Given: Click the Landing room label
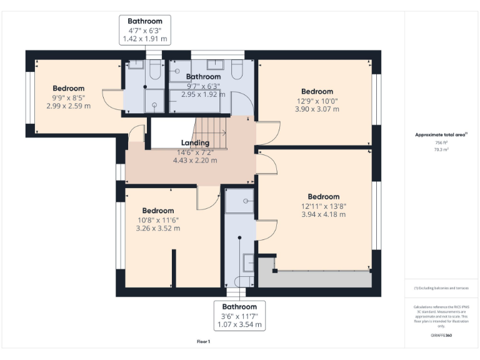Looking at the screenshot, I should point(195,143).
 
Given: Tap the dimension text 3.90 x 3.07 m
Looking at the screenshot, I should point(317,109).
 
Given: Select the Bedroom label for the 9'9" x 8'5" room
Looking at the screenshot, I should point(68,88).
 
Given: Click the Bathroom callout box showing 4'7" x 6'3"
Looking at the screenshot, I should point(144,30).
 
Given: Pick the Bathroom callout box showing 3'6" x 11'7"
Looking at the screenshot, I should point(239,316).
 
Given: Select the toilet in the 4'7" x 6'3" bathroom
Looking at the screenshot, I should point(155,70).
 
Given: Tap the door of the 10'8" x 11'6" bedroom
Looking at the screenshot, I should point(206,199).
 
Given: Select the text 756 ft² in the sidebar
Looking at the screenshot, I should point(442,142).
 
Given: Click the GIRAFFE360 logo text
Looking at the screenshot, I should point(441,336).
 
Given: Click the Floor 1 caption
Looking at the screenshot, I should point(203,342).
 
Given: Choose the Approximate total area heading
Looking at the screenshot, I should point(441,134).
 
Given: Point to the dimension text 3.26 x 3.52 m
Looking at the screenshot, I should point(157,228).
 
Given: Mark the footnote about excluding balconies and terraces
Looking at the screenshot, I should point(441,288).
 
